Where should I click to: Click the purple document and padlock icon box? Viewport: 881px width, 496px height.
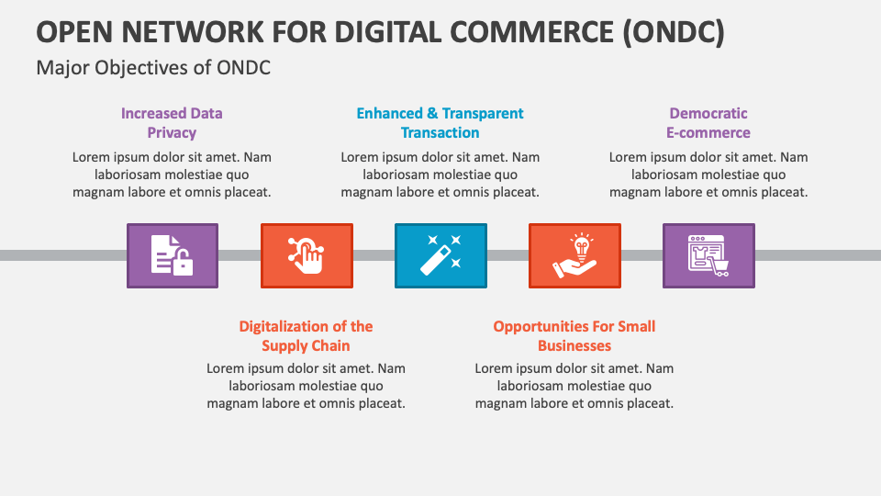click(x=172, y=255)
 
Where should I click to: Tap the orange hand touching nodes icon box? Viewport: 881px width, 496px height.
click(x=306, y=255)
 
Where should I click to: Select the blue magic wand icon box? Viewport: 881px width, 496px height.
click(x=440, y=255)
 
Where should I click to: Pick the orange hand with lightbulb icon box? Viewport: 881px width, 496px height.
click(x=574, y=255)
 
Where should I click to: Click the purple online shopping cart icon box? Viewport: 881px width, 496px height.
click(x=708, y=255)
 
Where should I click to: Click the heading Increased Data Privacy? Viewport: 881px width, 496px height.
click(x=172, y=123)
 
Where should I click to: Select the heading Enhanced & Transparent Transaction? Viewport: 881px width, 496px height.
click(x=440, y=123)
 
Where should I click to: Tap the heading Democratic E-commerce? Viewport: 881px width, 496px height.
click(x=708, y=123)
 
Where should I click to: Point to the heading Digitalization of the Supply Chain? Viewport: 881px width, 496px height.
click(x=306, y=336)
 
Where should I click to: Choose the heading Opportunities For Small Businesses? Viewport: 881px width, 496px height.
click(x=574, y=336)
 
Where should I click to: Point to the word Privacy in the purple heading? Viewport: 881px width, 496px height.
click(x=172, y=133)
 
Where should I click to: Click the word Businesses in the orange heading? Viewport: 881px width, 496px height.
click(x=574, y=346)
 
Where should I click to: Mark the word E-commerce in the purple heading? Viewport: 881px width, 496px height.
click(x=708, y=133)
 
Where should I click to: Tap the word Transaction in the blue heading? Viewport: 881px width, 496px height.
click(x=440, y=133)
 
